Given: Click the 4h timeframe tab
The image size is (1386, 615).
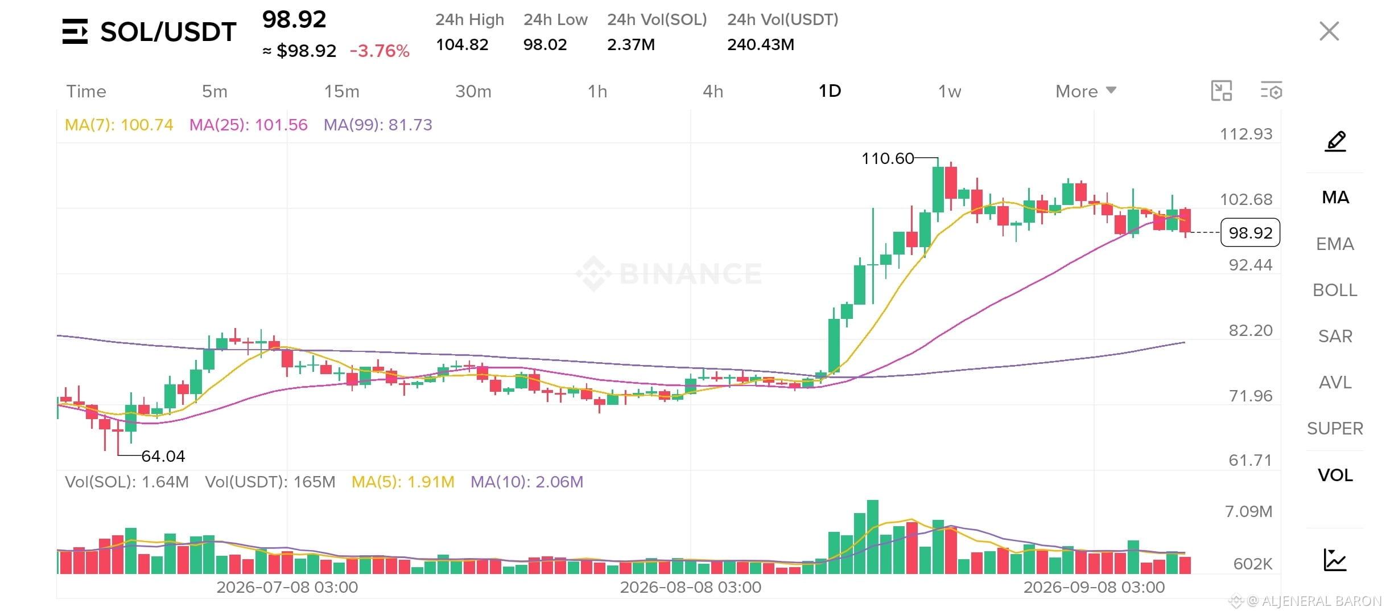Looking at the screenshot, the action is [x=713, y=91].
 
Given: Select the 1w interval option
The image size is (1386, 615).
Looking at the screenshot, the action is [x=950, y=91].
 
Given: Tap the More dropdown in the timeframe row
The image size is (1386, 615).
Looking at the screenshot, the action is [x=1086, y=91].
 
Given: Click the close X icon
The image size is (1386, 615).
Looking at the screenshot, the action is [x=1329, y=31].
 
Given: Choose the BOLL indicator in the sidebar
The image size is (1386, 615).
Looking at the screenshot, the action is [x=1335, y=290].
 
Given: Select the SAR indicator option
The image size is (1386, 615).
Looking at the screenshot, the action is [x=1335, y=336].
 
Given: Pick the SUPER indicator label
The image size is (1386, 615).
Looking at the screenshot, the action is [x=1335, y=428].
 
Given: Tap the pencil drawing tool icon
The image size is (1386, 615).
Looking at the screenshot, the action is [x=1335, y=141].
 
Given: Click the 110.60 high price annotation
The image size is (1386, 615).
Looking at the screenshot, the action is [x=888, y=158].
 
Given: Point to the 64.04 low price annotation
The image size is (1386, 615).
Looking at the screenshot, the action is [x=163, y=456].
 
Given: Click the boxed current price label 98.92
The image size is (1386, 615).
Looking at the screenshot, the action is [x=1250, y=232].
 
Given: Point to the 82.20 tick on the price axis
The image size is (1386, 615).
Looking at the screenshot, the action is [x=1250, y=330].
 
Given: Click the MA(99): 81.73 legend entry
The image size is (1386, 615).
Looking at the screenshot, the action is [x=378, y=125].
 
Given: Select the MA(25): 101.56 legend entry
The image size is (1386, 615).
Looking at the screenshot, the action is [x=248, y=125].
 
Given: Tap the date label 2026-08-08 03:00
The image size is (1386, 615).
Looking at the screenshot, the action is [x=690, y=587].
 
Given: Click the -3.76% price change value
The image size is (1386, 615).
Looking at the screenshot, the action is [x=379, y=51].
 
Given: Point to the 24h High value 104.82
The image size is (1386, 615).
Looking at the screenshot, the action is [x=462, y=44].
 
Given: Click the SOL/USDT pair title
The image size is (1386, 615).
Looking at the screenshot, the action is [x=168, y=32].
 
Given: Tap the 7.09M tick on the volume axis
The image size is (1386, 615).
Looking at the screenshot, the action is [x=1248, y=511].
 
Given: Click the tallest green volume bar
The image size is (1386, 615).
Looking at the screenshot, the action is [x=872, y=536].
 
